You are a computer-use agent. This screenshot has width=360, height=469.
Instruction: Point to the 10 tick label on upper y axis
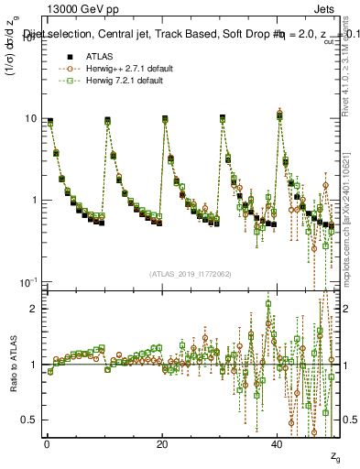coord(30,119)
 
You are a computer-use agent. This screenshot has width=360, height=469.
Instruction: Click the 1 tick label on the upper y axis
coord(33,200)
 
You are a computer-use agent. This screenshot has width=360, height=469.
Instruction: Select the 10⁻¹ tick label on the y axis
coord(27,280)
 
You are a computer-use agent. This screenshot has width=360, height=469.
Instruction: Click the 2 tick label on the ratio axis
coord(33,309)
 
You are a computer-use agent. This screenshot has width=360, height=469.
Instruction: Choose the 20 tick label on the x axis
coord(162,443)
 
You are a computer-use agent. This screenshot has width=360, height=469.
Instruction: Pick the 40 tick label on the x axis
coord(278,443)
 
